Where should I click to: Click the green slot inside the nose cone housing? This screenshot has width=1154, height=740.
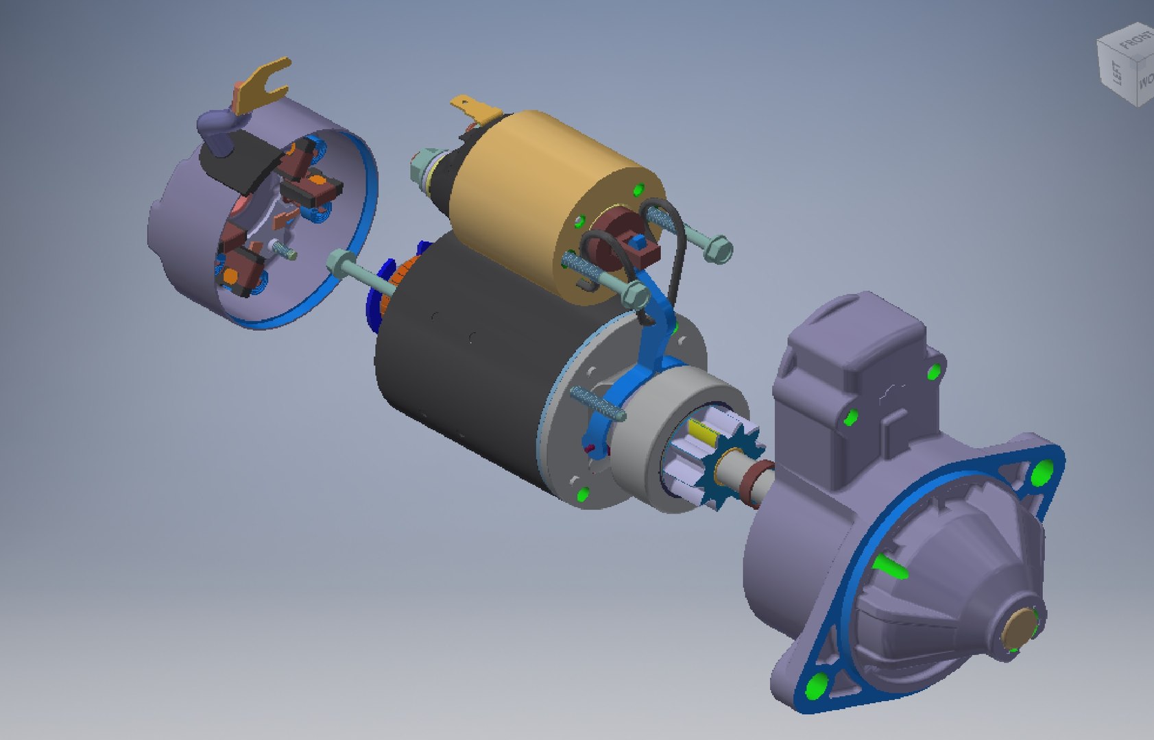(892, 568)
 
